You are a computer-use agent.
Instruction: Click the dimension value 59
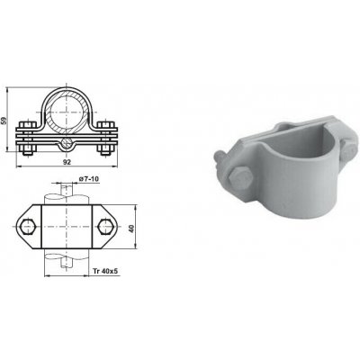coord(4,120)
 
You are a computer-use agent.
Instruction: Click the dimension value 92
coord(67,162)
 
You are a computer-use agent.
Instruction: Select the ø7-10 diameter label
coord(88,179)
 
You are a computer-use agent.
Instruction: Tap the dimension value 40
coord(131,229)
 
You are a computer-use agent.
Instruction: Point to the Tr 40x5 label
coord(105,272)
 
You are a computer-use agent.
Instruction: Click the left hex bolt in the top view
coord(29,227)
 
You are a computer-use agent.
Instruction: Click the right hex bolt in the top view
coord(106,227)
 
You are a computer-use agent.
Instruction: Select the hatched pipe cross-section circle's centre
coord(67,112)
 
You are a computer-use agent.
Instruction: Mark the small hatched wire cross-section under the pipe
coord(67,142)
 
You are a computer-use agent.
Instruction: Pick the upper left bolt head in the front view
coord(28,124)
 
